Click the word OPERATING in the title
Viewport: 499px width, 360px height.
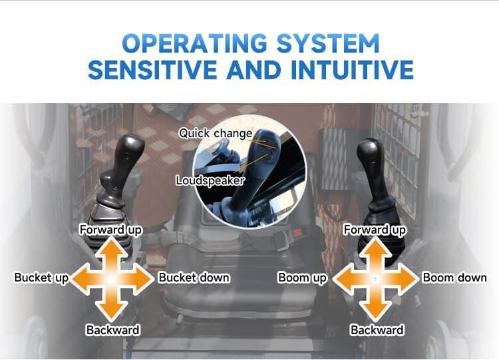(194, 43)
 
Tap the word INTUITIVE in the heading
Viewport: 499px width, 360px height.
(352, 69)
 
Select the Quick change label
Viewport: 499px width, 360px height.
(216, 133)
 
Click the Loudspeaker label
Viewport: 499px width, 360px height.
(210, 180)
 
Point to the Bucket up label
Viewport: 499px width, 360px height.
(42, 277)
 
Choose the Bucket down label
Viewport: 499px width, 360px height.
(194, 277)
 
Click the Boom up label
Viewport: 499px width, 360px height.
(302, 277)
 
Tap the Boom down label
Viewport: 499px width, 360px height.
(454, 277)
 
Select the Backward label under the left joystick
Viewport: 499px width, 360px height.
(113, 330)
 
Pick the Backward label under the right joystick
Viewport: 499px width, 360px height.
(377, 330)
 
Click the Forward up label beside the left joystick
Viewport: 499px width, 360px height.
(110, 230)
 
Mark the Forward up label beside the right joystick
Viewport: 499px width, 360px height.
(375, 230)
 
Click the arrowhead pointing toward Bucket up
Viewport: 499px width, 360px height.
(80, 279)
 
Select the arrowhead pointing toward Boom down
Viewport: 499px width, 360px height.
(408, 279)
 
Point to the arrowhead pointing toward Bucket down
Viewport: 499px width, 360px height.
(144, 279)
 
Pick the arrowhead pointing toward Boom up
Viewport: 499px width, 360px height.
(343, 279)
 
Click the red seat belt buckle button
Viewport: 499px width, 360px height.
(297, 234)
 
